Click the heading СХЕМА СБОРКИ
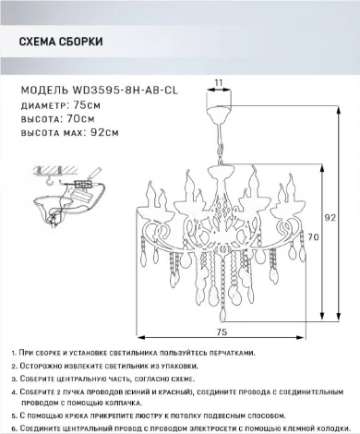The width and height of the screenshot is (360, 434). coord(61,42)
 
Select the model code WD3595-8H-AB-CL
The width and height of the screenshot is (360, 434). coord(125,90)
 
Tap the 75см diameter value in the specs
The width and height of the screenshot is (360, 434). coord(87,105)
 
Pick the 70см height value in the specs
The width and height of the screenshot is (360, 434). coord(80,119)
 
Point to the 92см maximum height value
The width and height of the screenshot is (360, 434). coord(104,133)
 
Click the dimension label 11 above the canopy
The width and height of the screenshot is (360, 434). coord(219,83)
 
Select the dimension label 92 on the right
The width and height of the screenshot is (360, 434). coord(330,218)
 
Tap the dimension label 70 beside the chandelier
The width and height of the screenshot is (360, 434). coord(313,237)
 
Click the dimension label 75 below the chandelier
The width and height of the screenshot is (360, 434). coord(222,332)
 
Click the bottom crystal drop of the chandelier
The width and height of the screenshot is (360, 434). coord(222,315)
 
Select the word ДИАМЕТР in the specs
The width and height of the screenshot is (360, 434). coord(43,105)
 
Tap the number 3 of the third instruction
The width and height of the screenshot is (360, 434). coord(14,380)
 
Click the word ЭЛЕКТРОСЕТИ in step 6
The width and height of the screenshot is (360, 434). coord(217,428)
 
